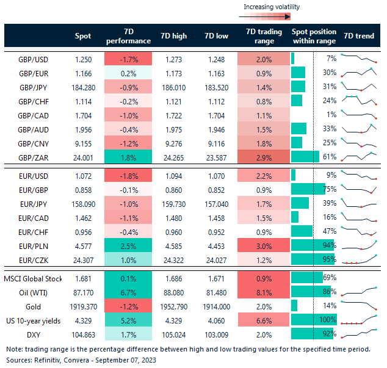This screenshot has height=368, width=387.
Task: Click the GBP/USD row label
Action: [x=34, y=59]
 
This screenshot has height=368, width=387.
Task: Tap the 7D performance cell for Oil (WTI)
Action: [x=128, y=292]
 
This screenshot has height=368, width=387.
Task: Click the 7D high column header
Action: [x=173, y=36]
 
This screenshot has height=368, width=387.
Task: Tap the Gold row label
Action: [x=34, y=306]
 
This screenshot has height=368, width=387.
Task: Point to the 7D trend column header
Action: [x=359, y=36]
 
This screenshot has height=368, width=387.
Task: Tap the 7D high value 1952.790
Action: [x=173, y=306]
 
